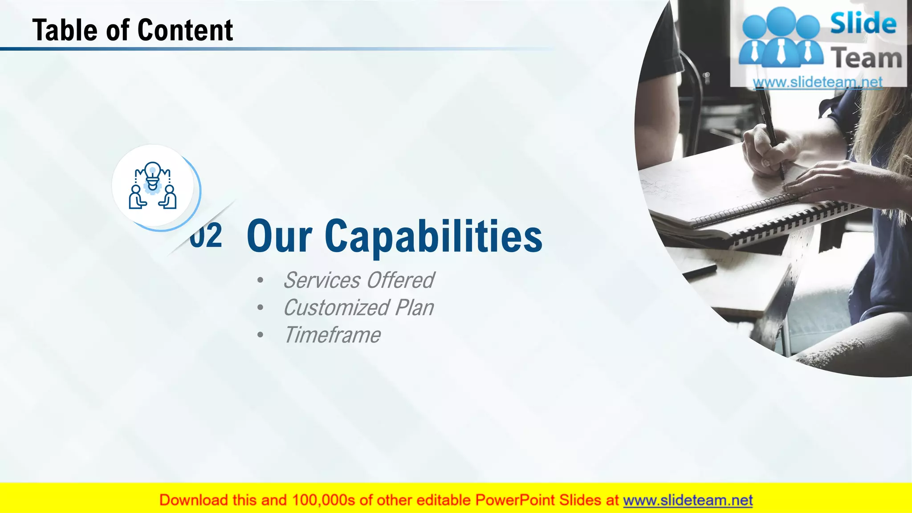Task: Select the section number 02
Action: (206, 236)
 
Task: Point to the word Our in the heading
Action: (279, 236)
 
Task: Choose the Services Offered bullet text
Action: (358, 281)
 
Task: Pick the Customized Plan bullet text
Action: (358, 308)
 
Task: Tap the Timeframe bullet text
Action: (332, 335)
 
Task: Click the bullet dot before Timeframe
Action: (260, 335)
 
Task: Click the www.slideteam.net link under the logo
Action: (818, 82)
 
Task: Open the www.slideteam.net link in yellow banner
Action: (688, 500)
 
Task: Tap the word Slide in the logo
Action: (863, 23)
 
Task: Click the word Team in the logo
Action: (866, 58)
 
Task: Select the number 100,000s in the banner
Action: (323, 500)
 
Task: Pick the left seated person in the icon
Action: (137, 197)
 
